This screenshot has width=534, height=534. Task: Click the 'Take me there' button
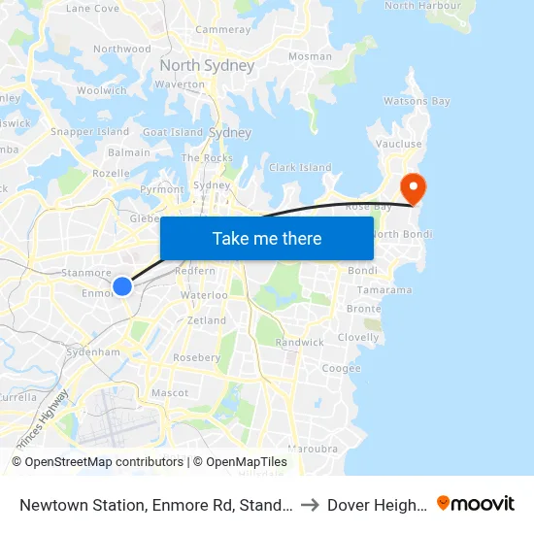(267, 238)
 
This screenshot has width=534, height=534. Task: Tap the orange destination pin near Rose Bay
(414, 185)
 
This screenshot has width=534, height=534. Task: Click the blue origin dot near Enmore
(122, 285)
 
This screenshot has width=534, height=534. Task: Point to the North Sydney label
(207, 66)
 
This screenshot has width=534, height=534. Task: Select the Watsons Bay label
(417, 101)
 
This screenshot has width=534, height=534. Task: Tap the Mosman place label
(310, 56)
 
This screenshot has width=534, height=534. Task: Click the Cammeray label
(223, 30)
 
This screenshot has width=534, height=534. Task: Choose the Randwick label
(300, 343)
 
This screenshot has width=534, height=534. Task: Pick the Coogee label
(341, 369)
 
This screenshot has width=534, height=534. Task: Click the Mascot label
(170, 393)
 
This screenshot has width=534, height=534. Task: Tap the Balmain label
(129, 152)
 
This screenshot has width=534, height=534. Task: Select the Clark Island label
(300, 168)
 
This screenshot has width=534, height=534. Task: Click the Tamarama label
(384, 290)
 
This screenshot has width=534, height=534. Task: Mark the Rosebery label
(197, 357)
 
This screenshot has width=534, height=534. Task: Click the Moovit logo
(476, 504)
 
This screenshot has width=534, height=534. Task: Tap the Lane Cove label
(92, 8)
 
